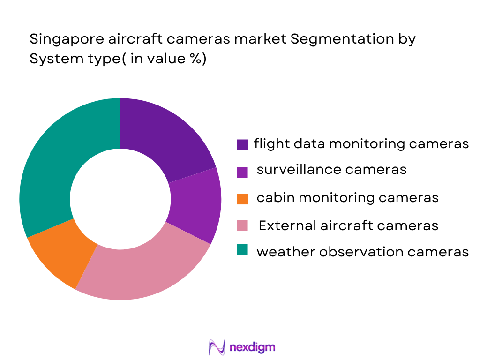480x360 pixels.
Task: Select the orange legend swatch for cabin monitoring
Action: (x=242, y=199)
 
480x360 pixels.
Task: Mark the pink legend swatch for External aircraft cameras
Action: (x=242, y=226)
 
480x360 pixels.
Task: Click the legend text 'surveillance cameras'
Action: (x=331, y=170)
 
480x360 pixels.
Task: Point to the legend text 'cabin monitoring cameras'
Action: (x=347, y=198)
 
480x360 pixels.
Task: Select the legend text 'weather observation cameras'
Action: (x=362, y=252)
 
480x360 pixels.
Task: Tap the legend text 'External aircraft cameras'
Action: (x=348, y=225)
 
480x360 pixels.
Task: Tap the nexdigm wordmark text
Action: (x=253, y=347)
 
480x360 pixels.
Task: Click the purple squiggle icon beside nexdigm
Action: (x=217, y=347)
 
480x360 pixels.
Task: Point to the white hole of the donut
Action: (x=120, y=200)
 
